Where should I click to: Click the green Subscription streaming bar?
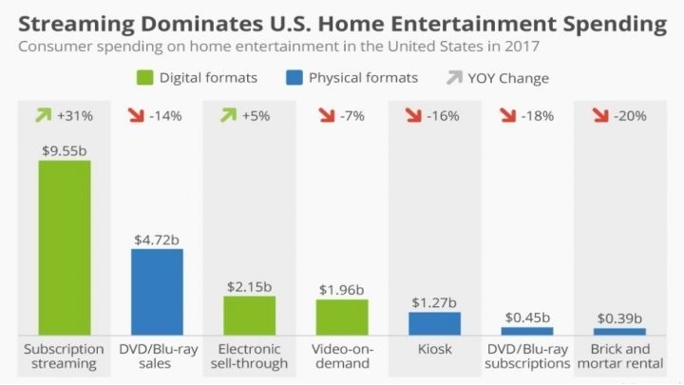click(65, 246)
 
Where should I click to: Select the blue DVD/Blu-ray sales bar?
click(157, 291)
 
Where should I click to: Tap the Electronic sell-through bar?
click(249, 315)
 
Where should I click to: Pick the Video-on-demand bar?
click(342, 317)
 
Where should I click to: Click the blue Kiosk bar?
click(435, 323)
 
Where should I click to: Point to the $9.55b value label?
click(65, 149)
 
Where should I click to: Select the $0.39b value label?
click(620, 318)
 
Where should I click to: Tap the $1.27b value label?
click(435, 302)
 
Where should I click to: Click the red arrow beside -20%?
click(600, 116)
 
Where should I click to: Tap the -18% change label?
click(538, 116)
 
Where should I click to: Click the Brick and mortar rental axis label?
click(620, 356)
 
